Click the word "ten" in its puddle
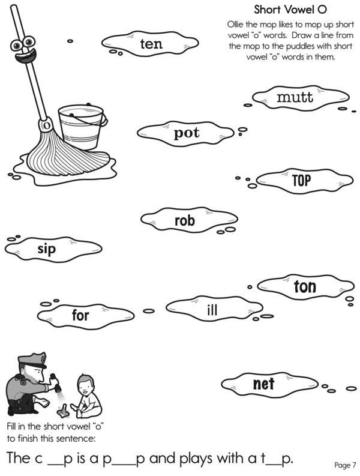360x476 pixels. pyautogui.click(x=151, y=44)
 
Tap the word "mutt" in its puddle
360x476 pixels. pyautogui.click(x=295, y=97)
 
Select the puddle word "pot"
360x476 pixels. pyautogui.click(x=187, y=133)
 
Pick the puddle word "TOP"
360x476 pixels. pyautogui.click(x=302, y=180)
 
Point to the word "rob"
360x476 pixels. pyautogui.click(x=185, y=220)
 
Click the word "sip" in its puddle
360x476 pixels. pyautogui.click(x=46, y=249)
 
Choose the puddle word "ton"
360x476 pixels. pyautogui.click(x=305, y=286)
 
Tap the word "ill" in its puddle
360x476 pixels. pyautogui.click(x=212, y=310)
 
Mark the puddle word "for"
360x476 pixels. pyautogui.click(x=80, y=315)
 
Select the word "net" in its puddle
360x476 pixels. pyautogui.click(x=263, y=384)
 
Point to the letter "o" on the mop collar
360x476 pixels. pyautogui.click(x=46, y=125)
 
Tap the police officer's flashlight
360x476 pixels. pyautogui.click(x=56, y=383)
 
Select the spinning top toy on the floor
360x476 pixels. pyautogui.click(x=63, y=410)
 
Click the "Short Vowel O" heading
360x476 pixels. pyautogui.click(x=290, y=10)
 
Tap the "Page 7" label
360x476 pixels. pyautogui.click(x=345, y=465)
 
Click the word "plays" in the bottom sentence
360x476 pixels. pyautogui.click(x=197, y=459)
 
